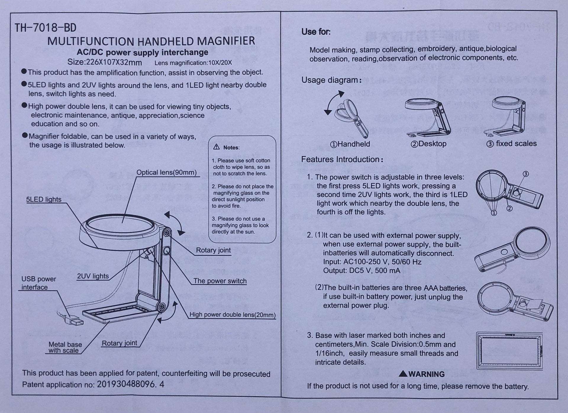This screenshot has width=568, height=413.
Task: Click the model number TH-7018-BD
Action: (46, 28)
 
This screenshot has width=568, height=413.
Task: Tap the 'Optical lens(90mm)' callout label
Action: (167, 172)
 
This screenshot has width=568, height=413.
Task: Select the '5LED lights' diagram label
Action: (44, 200)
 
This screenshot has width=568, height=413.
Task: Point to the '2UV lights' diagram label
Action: (93, 276)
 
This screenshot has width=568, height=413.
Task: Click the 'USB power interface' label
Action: (38, 283)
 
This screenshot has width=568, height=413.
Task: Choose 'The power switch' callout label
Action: (220, 281)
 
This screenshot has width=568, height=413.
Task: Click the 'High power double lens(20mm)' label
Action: (232, 315)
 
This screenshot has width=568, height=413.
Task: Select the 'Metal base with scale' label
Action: (65, 347)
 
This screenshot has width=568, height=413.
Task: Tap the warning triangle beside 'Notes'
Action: (217, 147)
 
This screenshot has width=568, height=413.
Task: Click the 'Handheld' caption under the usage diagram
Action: (350, 144)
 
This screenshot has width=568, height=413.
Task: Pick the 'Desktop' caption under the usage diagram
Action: (429, 144)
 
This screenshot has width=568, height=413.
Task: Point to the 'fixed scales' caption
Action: (511, 144)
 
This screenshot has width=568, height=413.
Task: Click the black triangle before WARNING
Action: (403, 374)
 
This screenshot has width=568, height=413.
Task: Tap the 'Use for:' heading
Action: (316, 32)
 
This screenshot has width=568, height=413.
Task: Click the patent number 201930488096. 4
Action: (130, 384)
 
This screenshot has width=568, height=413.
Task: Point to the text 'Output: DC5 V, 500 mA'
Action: (362, 271)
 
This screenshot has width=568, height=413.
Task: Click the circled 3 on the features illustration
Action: (526, 174)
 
